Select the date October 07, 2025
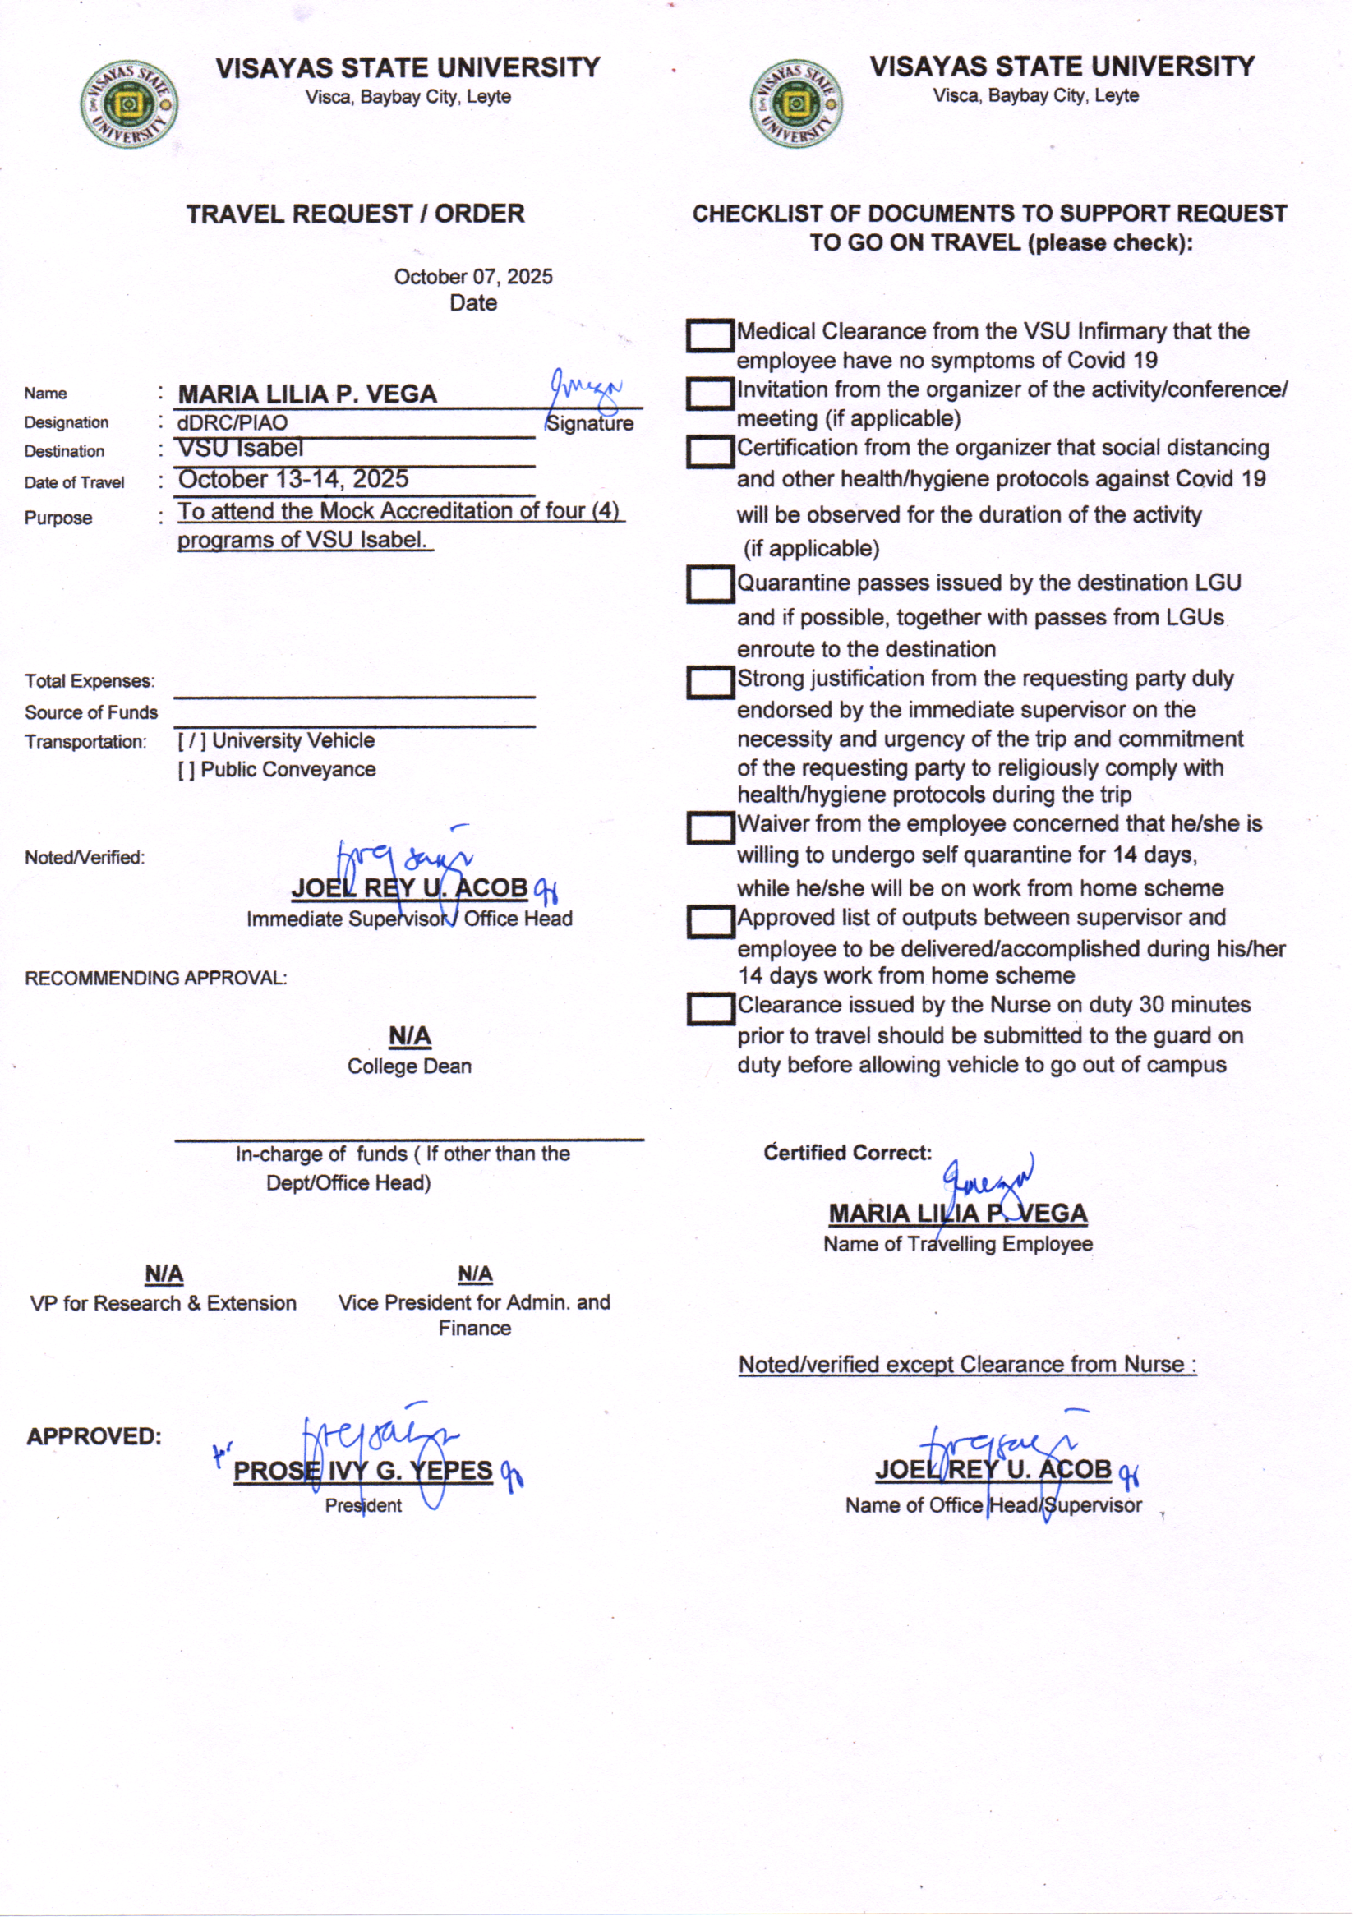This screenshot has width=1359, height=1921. (472, 277)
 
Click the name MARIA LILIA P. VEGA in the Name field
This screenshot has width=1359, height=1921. (307, 394)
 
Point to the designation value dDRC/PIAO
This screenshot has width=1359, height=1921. (232, 423)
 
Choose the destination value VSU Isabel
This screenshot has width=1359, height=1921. (240, 449)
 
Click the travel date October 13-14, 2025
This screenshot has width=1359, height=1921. (293, 479)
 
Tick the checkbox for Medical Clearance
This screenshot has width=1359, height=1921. (710, 335)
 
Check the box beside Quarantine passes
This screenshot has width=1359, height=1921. (710, 584)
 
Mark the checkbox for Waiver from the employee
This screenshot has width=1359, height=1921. (710, 828)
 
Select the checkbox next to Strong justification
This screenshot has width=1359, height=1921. (710, 683)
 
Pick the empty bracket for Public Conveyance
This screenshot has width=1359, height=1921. (186, 770)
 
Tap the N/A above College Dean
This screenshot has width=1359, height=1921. (409, 1037)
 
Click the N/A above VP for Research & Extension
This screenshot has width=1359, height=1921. (164, 1274)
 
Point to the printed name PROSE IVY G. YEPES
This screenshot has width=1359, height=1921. (362, 1471)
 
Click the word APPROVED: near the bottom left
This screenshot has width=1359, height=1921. (94, 1436)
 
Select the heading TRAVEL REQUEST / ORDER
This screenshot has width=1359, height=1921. (355, 214)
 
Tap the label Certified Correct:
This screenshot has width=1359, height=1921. (847, 1153)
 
